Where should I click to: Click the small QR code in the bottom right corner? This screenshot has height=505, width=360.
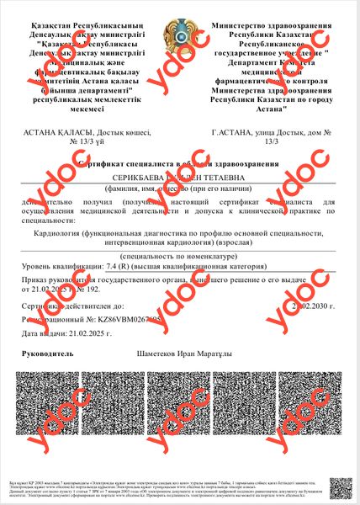click(339, 486)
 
